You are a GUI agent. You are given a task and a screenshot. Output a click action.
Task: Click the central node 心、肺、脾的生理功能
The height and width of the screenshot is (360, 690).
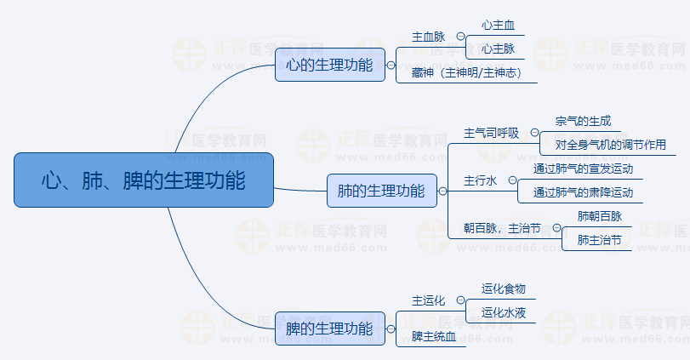144,180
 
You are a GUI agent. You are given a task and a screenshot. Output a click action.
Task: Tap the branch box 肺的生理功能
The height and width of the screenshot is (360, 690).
381,191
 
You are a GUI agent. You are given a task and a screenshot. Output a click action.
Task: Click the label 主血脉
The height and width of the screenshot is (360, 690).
428,37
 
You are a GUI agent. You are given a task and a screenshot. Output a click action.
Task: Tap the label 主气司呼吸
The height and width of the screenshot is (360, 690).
491,133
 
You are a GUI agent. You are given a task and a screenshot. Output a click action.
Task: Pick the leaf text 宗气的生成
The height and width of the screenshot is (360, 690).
583,122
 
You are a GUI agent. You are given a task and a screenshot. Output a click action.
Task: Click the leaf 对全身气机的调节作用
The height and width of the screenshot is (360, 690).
610,145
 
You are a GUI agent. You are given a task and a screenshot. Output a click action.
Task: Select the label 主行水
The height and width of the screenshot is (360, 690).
480,180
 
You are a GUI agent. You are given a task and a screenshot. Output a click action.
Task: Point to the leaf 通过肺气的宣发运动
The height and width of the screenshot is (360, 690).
583,169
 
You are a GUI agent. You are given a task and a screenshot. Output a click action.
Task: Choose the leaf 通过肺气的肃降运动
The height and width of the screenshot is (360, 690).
583,192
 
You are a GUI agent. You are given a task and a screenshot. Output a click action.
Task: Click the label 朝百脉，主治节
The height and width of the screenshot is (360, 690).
501,228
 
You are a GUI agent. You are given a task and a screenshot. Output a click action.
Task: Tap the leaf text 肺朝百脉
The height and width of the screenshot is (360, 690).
599,216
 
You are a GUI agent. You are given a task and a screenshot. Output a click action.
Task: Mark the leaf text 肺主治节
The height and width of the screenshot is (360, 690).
599,240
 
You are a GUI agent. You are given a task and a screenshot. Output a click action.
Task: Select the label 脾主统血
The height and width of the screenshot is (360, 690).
434,337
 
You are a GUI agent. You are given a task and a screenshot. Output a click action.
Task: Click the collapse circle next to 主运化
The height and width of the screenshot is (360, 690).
460,300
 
